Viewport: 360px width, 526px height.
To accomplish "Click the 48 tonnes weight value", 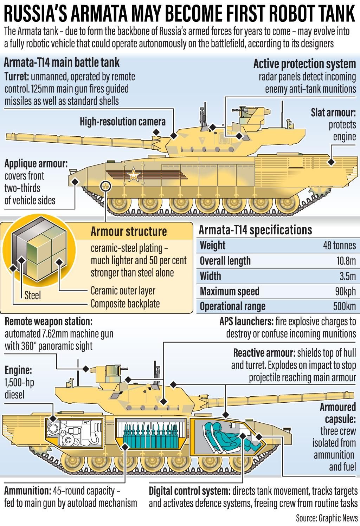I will click(x=339, y=245).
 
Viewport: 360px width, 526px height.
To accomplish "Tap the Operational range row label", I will click(x=232, y=306).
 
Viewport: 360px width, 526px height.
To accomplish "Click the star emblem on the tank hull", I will click(x=133, y=174).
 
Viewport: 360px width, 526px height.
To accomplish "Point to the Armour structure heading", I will click(x=129, y=232).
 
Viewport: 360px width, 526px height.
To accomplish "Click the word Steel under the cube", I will click(x=32, y=295).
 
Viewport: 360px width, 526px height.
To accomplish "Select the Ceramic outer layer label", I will click(x=123, y=291).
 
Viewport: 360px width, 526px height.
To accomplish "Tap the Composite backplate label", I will click(x=125, y=304).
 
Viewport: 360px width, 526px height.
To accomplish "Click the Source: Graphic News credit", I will click(x=327, y=518).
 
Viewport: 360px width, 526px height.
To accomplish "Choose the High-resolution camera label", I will click(x=122, y=122).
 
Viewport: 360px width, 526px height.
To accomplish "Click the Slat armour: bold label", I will click(x=333, y=113).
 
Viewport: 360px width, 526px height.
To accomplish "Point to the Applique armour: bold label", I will click(x=36, y=163).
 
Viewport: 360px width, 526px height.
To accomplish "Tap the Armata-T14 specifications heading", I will click(x=255, y=230).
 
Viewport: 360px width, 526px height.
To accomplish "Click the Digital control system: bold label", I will click(x=189, y=491).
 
